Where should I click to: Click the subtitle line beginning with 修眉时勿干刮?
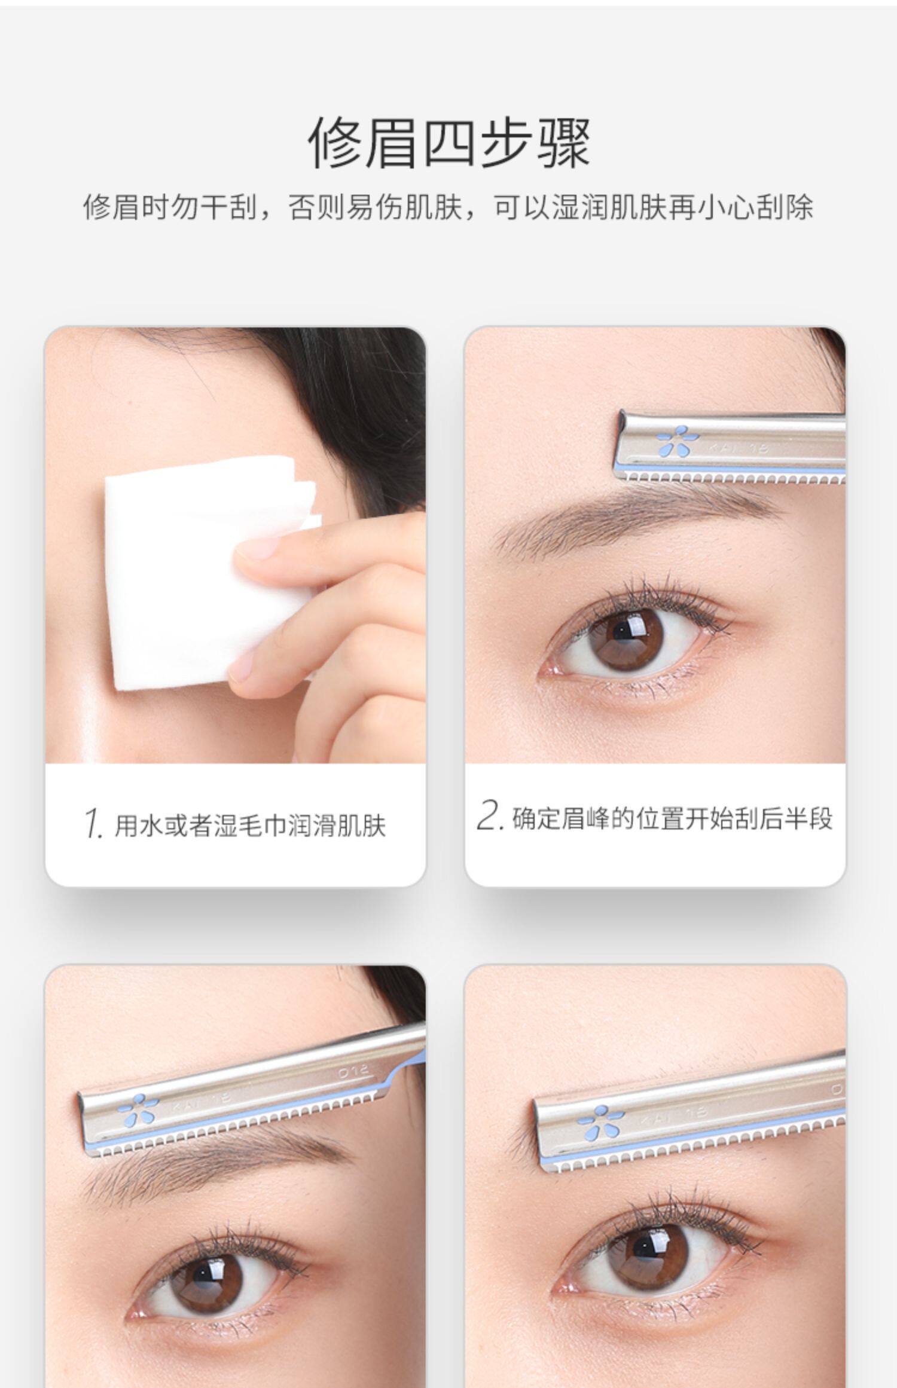448,207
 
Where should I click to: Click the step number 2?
488,816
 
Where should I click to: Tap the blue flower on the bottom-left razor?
139,1108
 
